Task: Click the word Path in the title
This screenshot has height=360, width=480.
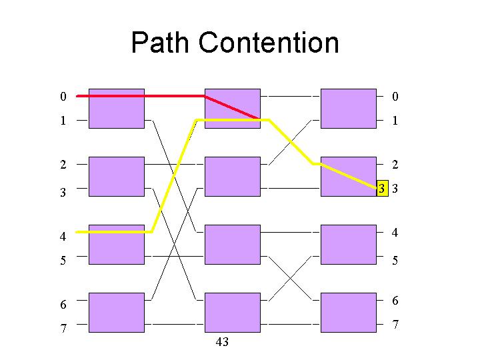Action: pos(159,42)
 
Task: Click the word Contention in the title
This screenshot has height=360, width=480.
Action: pos(269,42)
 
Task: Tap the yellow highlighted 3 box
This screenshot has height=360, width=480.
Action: pos(383,188)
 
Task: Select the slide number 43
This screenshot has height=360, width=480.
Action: pos(222,341)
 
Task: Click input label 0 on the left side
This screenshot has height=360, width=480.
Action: pos(63,97)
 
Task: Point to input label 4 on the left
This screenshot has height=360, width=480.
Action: pos(63,236)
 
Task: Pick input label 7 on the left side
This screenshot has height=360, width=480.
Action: pos(63,328)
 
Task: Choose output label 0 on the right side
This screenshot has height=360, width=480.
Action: pos(395,97)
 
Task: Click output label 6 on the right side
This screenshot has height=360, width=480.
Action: pos(395,300)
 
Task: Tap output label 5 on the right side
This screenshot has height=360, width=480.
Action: pos(395,260)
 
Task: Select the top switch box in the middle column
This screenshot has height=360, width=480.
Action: pos(233,109)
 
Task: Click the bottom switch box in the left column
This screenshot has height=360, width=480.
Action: pos(117,313)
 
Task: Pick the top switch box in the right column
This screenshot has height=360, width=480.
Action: pos(349,109)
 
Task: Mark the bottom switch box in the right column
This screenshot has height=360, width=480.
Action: pos(349,313)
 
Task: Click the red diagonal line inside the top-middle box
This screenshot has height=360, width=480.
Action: pos(232,107)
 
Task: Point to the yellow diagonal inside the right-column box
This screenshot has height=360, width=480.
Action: pos(349,176)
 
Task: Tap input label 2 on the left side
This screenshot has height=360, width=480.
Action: pos(63,165)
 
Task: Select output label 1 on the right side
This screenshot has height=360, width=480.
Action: pos(395,120)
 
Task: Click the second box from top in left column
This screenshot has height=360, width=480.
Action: pos(117,177)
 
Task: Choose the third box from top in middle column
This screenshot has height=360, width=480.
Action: pos(233,245)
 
